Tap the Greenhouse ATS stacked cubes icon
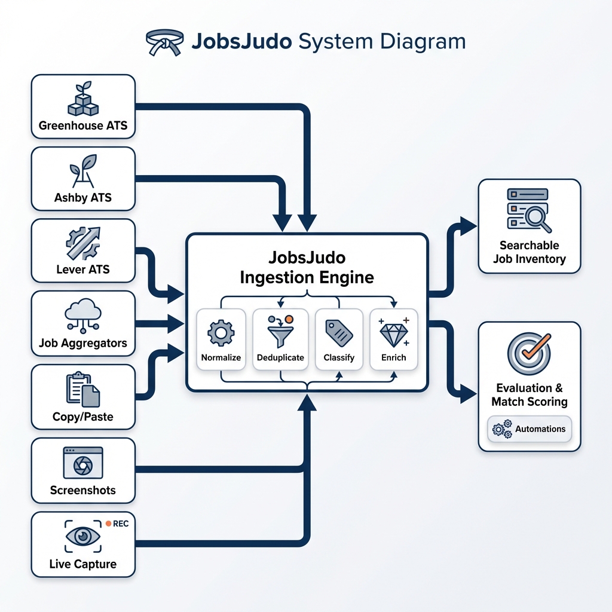(x=82, y=99)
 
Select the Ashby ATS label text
(x=82, y=197)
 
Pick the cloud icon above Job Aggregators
(x=82, y=316)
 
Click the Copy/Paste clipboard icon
(x=82, y=390)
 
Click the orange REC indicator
(x=108, y=523)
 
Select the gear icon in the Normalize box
(x=221, y=332)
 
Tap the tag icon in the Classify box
(x=338, y=332)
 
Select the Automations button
(x=530, y=429)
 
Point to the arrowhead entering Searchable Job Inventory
(x=470, y=226)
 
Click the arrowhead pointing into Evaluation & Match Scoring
(x=470, y=393)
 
